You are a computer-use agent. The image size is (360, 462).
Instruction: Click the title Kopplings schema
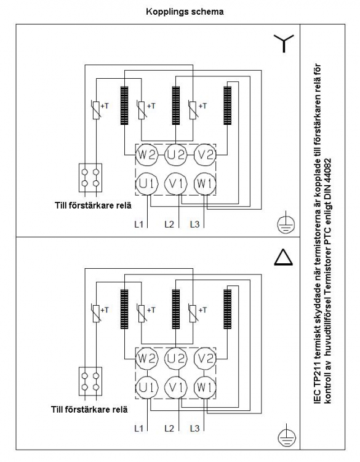point(185,12)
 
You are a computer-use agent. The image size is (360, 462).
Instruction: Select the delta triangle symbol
point(283,257)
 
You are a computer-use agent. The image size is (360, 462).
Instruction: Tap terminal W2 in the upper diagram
point(146,154)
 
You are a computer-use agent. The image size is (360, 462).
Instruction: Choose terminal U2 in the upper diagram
point(176,154)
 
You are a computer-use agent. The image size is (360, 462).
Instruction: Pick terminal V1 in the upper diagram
point(176,183)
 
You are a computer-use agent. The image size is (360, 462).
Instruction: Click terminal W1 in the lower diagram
point(205,387)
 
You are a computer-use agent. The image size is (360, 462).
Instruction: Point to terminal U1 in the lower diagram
point(146,387)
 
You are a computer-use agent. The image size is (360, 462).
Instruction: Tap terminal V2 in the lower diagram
point(205,358)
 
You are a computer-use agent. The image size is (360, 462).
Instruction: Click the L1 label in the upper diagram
point(138,224)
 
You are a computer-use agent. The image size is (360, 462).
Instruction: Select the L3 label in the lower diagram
point(194,428)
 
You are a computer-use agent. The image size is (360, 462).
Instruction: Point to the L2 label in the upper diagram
point(169,224)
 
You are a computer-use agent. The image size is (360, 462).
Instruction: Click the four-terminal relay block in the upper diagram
point(90,178)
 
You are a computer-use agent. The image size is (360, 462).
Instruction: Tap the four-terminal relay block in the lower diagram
point(90,381)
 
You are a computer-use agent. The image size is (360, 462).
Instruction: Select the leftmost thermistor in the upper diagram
point(96,110)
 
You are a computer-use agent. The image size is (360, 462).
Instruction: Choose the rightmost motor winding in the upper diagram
point(227,105)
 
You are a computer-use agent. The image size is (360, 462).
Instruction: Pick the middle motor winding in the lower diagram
point(176,309)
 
